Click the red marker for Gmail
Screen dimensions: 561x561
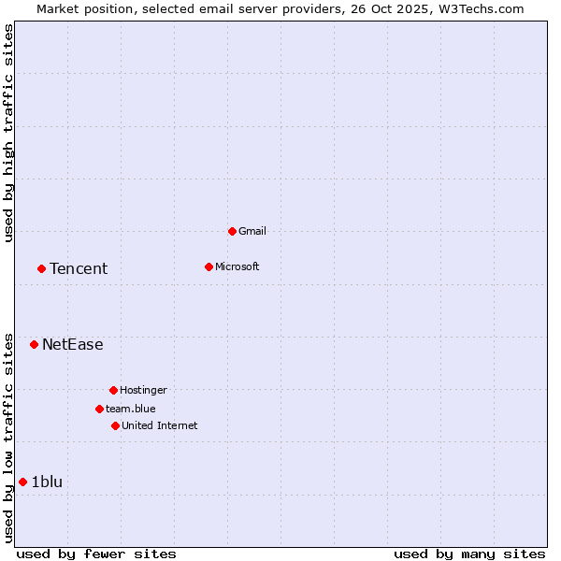click(x=232, y=231)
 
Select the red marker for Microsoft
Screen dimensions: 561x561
click(x=209, y=266)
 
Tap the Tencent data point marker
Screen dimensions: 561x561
click(x=41, y=268)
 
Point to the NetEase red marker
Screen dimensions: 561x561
click(x=34, y=344)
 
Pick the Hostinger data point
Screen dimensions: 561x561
click(x=113, y=390)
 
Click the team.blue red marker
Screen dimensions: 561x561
click(x=99, y=409)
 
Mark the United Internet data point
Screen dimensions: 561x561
click(x=115, y=425)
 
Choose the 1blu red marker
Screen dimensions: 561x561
click(x=22, y=482)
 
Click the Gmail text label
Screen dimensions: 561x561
click(x=252, y=231)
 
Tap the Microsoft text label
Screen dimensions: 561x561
click(x=237, y=266)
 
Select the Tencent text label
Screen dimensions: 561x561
click(x=79, y=269)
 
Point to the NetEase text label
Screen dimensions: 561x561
click(x=73, y=345)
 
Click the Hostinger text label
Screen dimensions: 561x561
click(x=143, y=390)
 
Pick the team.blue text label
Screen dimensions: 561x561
click(x=131, y=409)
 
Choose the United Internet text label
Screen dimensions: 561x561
click(x=160, y=425)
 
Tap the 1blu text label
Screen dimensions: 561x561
click(x=47, y=482)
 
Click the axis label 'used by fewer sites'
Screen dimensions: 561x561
click(x=96, y=554)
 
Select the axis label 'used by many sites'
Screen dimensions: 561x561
click(x=469, y=554)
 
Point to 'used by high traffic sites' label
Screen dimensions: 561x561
click(x=9, y=133)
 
